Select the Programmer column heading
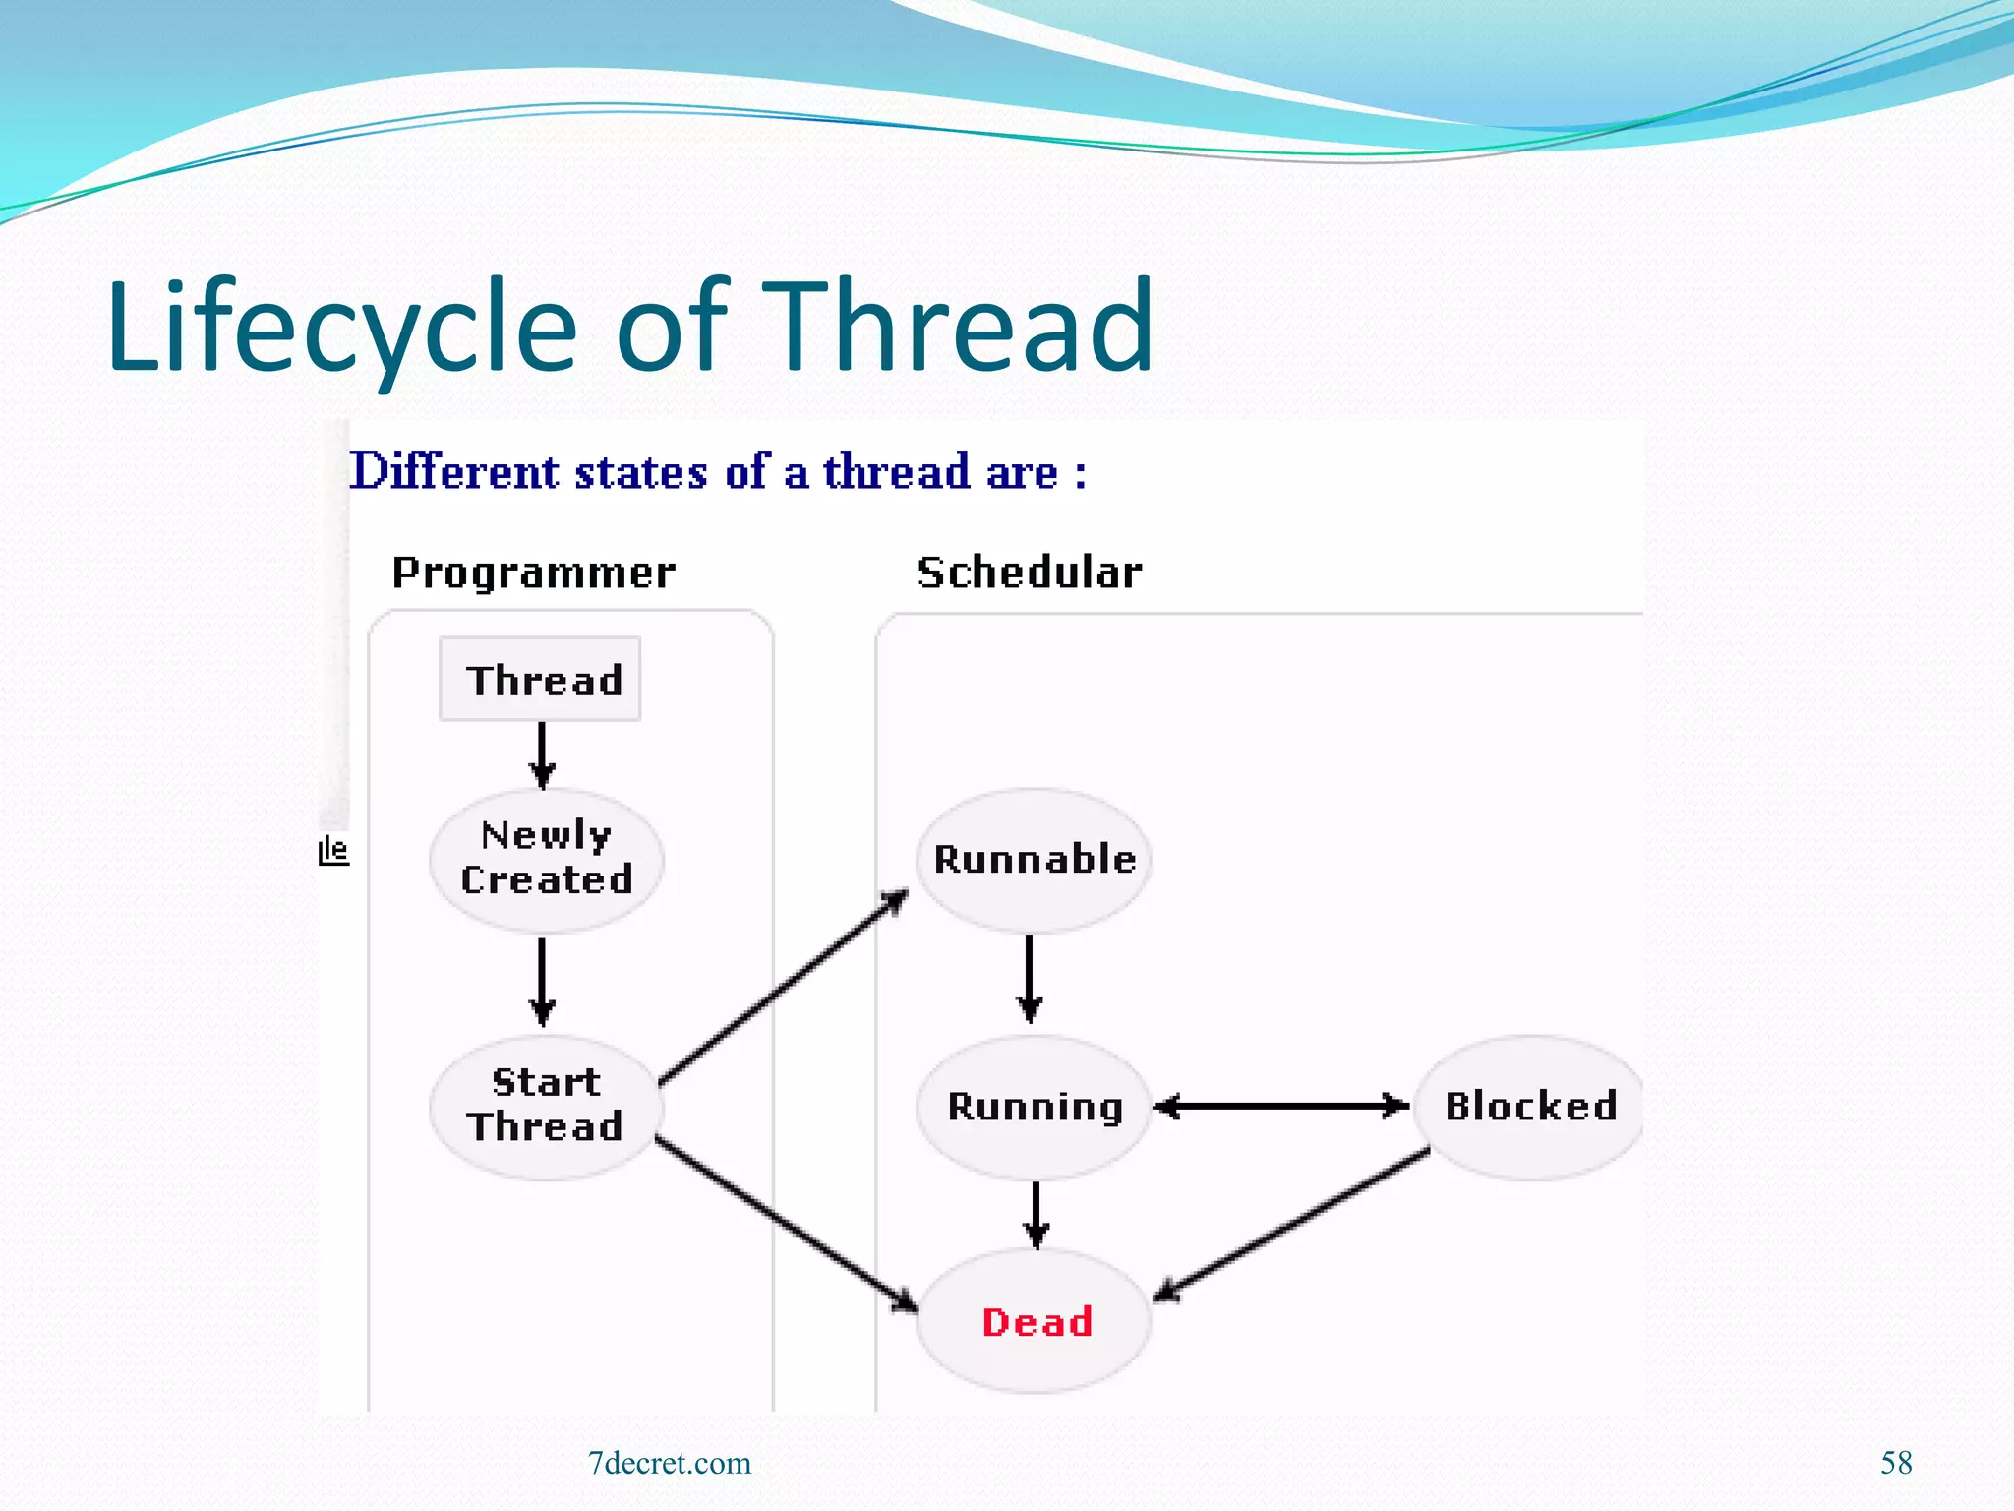pyautogui.click(x=534, y=573)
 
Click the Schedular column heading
pyautogui.click(x=1030, y=573)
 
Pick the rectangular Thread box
pyautogui.click(x=541, y=680)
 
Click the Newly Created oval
pyautogui.click(x=547, y=859)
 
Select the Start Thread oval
pyautogui.click(x=547, y=1106)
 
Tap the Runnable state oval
pyautogui.click(x=1034, y=860)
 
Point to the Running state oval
pyautogui.click(x=1034, y=1107)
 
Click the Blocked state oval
pyautogui.click(x=1530, y=1107)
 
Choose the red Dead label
pyautogui.click(x=1037, y=1322)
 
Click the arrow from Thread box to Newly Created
pyautogui.click(x=542, y=755)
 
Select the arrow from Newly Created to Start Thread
pyautogui.click(x=542, y=982)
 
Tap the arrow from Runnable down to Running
pyautogui.click(x=1030, y=979)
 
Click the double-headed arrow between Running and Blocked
pyautogui.click(x=1280, y=1107)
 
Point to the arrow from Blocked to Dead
pyautogui.click(x=1292, y=1224)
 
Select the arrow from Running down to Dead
pyautogui.click(x=1036, y=1215)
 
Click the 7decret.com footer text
pyautogui.click(x=670, y=1463)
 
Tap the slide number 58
pyautogui.click(x=1896, y=1463)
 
